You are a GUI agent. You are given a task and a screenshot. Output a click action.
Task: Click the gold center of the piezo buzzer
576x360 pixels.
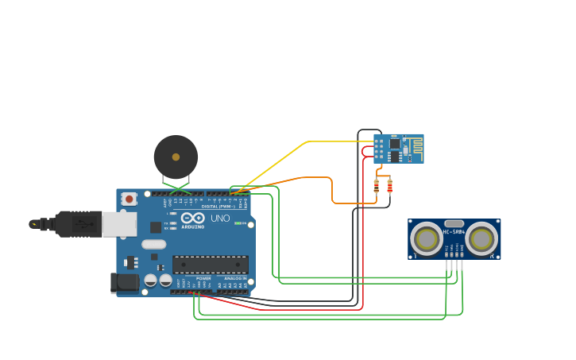coord(176,157)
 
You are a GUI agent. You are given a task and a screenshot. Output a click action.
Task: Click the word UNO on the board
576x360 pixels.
coord(220,219)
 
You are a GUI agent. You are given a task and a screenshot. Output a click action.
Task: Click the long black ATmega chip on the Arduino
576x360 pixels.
coord(211,265)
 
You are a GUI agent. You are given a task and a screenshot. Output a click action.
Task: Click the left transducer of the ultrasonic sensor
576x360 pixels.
coord(427,238)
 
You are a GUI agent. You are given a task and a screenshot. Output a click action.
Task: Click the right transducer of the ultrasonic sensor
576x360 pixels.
coord(481,238)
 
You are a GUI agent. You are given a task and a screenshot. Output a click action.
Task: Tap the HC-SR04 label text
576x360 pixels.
coord(454,232)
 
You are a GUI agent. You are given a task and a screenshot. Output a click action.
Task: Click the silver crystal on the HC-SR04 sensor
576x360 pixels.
coord(454,224)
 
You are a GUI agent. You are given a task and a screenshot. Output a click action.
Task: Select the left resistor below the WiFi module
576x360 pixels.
coord(377,187)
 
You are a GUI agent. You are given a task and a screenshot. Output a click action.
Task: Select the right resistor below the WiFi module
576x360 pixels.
coord(389,187)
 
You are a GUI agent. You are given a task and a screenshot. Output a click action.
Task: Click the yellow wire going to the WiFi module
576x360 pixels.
coord(306,142)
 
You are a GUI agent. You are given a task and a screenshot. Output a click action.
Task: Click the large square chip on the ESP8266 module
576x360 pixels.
coord(394,144)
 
